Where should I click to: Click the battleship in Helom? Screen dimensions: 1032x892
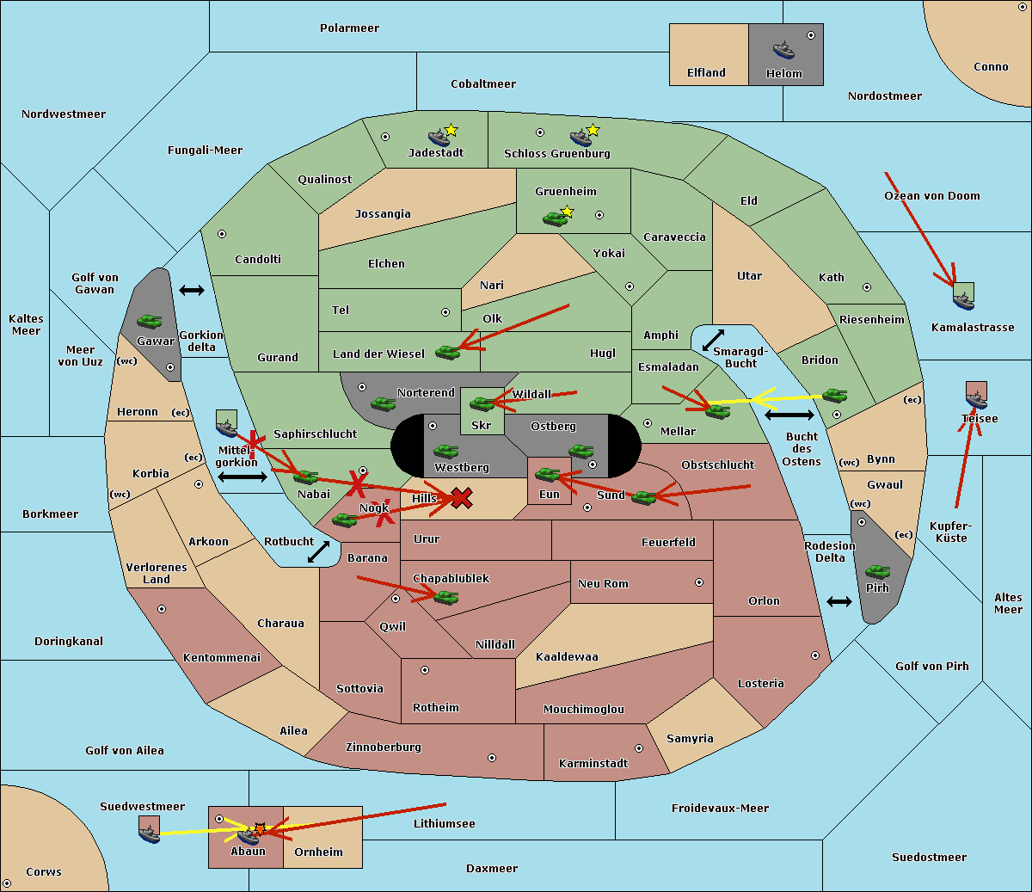[x=783, y=50]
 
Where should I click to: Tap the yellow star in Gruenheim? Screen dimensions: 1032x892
[x=567, y=212]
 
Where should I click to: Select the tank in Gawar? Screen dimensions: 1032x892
[x=150, y=321]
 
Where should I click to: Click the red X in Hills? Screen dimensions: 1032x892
[x=461, y=498]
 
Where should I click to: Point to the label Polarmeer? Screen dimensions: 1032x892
[x=349, y=28]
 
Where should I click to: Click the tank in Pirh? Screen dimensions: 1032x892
[x=877, y=571]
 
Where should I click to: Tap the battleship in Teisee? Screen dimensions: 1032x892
[x=976, y=400]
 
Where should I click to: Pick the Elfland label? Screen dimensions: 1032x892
[x=706, y=73]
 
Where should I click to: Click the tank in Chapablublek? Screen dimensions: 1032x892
[x=445, y=597]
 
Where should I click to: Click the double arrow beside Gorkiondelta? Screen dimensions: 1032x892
[x=192, y=290]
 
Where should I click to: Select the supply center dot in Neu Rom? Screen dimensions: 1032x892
[x=699, y=582]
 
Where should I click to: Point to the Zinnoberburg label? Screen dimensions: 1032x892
[x=384, y=747]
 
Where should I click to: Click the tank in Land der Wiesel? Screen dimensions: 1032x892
[x=447, y=353]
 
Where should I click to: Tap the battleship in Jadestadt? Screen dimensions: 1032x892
[x=439, y=138]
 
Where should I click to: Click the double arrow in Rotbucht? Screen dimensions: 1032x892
[x=318, y=552]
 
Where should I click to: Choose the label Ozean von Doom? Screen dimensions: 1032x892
[x=932, y=196]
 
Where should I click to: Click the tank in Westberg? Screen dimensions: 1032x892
[x=445, y=452]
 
